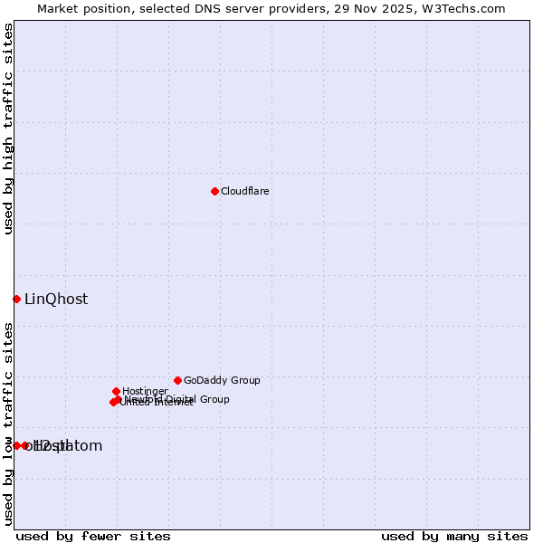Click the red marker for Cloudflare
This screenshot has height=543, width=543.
click(214, 191)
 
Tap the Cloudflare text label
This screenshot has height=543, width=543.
click(244, 191)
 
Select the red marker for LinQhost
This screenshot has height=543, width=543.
click(16, 299)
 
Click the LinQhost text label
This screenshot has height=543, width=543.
click(56, 300)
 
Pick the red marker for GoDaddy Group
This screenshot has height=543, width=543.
click(177, 380)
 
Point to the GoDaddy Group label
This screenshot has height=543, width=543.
click(222, 380)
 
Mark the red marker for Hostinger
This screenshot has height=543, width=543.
click(116, 391)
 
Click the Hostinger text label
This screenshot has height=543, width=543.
click(145, 391)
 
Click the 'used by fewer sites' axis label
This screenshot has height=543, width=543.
click(93, 536)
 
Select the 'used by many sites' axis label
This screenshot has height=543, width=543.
click(454, 536)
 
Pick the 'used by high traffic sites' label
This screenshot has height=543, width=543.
click(9, 129)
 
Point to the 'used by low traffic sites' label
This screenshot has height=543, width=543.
click(9, 424)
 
